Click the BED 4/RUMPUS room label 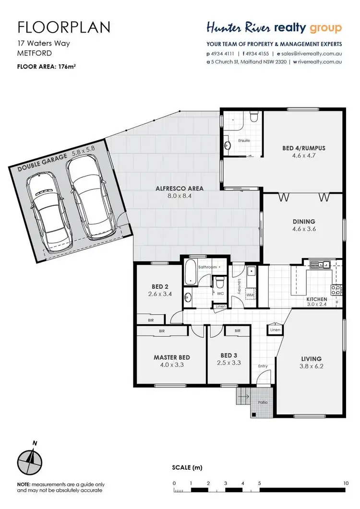pos(303,148)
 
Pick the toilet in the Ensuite pos(254,117)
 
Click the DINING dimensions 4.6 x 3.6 pos(303,229)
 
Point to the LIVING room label pos(311,358)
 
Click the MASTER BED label pos(171,357)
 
